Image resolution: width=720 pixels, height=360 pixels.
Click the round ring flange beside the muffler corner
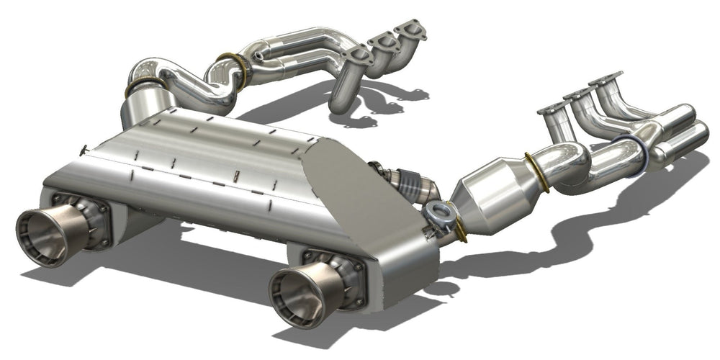coord(439,212)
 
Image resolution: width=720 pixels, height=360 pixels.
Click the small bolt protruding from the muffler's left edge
coord(84,149)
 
